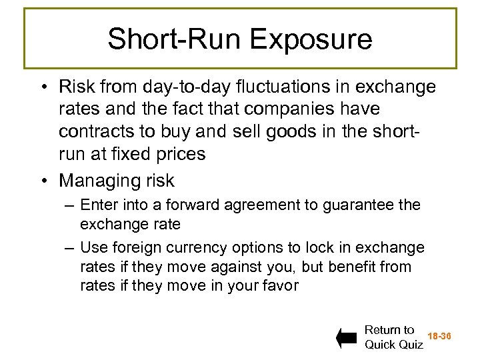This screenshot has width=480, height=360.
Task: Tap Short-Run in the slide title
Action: click(x=177, y=39)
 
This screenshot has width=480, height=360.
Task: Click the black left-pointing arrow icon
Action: click(x=347, y=338)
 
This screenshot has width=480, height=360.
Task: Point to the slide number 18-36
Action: click(x=439, y=337)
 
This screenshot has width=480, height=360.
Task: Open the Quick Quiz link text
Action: click(x=394, y=345)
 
